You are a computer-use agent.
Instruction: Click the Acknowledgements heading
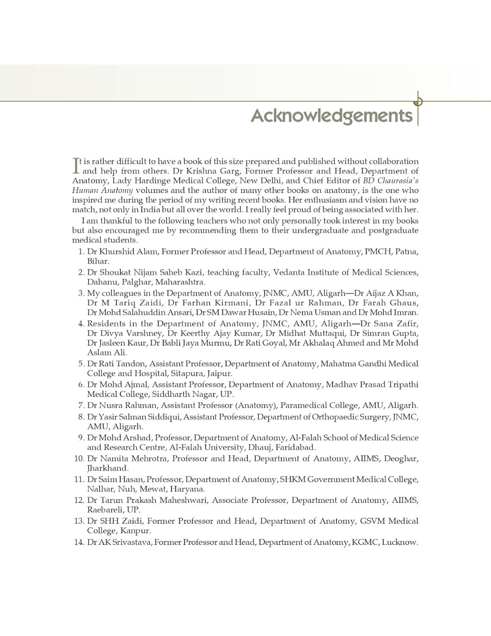(331, 115)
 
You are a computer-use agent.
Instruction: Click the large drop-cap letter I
(76, 166)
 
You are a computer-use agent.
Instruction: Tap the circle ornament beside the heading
(419, 101)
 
